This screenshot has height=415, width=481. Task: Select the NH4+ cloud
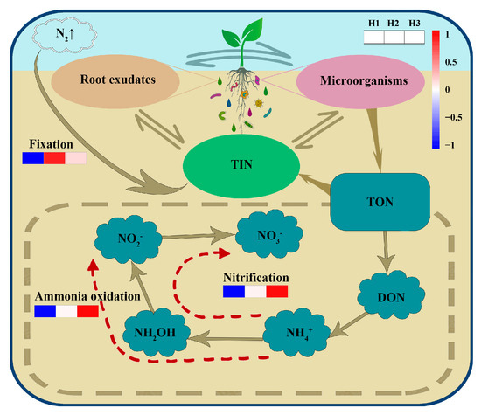300,333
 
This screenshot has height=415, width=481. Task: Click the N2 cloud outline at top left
46,38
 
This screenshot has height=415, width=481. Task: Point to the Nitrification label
255,277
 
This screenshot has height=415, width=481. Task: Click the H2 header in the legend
401,24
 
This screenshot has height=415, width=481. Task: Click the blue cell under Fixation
32,158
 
